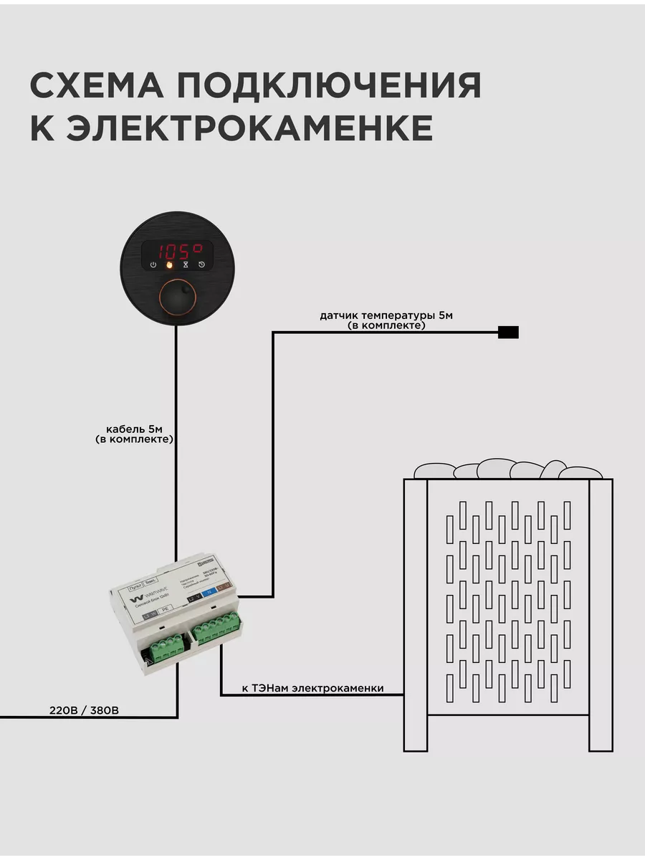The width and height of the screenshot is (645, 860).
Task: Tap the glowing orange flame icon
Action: coord(170,265)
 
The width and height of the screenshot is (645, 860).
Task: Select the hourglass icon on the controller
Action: coord(186,265)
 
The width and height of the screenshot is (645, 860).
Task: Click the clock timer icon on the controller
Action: coord(202,265)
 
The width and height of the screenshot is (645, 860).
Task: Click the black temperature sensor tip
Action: coord(508,332)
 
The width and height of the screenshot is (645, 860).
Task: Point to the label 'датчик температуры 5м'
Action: coord(386,315)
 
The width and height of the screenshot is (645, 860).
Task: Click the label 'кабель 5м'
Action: coord(134,429)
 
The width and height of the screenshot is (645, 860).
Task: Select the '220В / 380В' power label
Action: coord(84,710)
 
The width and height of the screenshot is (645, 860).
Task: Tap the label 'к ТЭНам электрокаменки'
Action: coord(312,689)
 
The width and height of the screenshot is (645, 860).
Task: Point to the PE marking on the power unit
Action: coord(165,609)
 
